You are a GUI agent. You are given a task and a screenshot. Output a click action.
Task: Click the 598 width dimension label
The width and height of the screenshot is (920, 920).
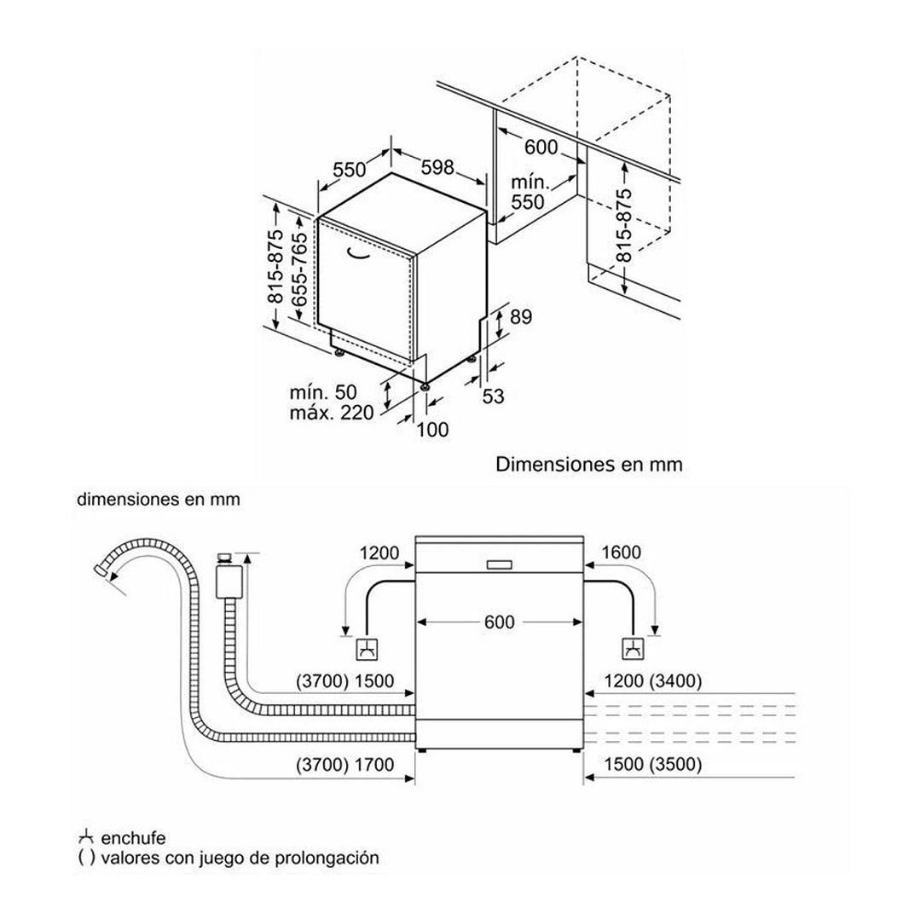[437, 168]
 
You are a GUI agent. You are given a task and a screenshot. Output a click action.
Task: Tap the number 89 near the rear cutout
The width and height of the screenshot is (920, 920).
[520, 317]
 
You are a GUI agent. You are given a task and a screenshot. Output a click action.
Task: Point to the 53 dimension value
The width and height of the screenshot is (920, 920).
[494, 396]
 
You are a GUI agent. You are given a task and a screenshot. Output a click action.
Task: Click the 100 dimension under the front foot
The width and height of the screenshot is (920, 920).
[432, 430]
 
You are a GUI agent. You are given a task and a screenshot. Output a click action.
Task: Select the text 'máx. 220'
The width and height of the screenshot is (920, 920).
[332, 414]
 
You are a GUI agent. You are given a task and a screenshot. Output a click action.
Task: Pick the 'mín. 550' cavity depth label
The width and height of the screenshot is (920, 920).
[528, 192]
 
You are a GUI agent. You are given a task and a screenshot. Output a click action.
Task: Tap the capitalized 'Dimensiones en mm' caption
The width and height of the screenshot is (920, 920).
[589, 465]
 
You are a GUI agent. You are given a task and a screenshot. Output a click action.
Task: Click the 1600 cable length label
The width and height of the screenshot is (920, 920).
[621, 553]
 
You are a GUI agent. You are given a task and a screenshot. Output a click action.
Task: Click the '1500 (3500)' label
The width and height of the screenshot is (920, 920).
[652, 765]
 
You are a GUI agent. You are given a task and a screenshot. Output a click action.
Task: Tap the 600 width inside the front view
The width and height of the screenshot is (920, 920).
[499, 622]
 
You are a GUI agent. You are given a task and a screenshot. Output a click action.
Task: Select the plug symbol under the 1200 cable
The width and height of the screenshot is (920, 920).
[367, 650]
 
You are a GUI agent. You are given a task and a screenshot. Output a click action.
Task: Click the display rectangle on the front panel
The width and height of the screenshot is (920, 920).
[499, 564]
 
